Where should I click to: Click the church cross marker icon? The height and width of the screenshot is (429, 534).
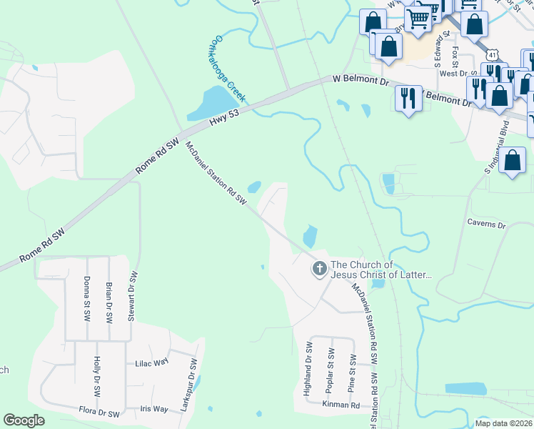319,270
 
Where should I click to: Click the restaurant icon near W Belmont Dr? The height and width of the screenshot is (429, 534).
408,98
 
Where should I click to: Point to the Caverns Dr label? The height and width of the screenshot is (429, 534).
486,225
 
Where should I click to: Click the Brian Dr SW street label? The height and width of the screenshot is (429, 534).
109,297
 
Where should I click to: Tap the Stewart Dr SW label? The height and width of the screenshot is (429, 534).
132,296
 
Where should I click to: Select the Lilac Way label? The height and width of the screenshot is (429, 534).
151,363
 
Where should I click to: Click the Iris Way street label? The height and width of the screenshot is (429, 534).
155,409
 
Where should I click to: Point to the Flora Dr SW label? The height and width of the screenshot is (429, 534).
99,413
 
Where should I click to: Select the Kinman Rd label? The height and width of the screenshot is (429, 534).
341,405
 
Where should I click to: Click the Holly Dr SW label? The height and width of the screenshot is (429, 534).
96,378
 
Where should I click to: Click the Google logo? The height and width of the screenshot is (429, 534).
24,420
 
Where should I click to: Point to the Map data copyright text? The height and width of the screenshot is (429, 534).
504,423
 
